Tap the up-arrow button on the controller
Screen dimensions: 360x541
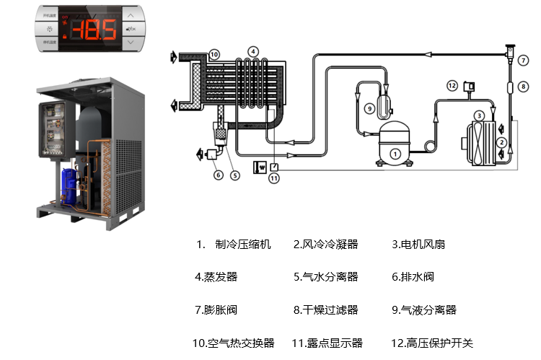coord(130,13)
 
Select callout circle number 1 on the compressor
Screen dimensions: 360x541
coord(395,154)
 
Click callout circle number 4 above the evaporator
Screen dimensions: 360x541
coord(252,52)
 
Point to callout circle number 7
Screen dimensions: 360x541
coord(523,61)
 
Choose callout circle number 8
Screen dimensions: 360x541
coord(523,86)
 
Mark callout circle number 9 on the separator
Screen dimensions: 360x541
coord(369,108)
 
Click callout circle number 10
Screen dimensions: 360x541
coord(214,54)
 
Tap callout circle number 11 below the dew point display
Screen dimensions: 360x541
coord(274,179)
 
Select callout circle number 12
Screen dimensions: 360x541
coord(452,85)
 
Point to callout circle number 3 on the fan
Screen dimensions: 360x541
coord(478,115)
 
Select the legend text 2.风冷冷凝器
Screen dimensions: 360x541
coord(325,245)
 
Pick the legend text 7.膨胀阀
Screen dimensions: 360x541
coord(216,310)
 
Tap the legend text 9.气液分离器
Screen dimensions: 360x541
coord(424,310)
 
